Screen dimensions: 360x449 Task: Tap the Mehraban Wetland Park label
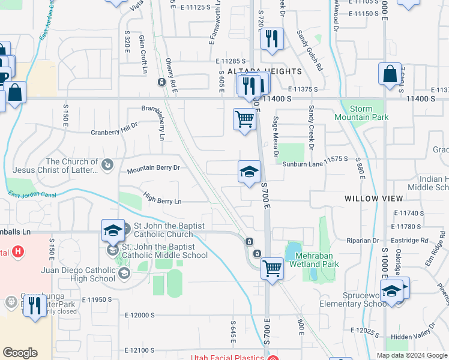point(314,260)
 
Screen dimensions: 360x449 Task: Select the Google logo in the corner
point(20,353)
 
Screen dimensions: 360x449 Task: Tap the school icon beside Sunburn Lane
point(249,173)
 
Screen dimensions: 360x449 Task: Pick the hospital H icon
point(18,251)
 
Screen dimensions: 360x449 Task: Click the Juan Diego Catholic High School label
point(78,274)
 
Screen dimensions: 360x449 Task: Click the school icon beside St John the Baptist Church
point(112,230)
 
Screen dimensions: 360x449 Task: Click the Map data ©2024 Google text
point(411,355)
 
